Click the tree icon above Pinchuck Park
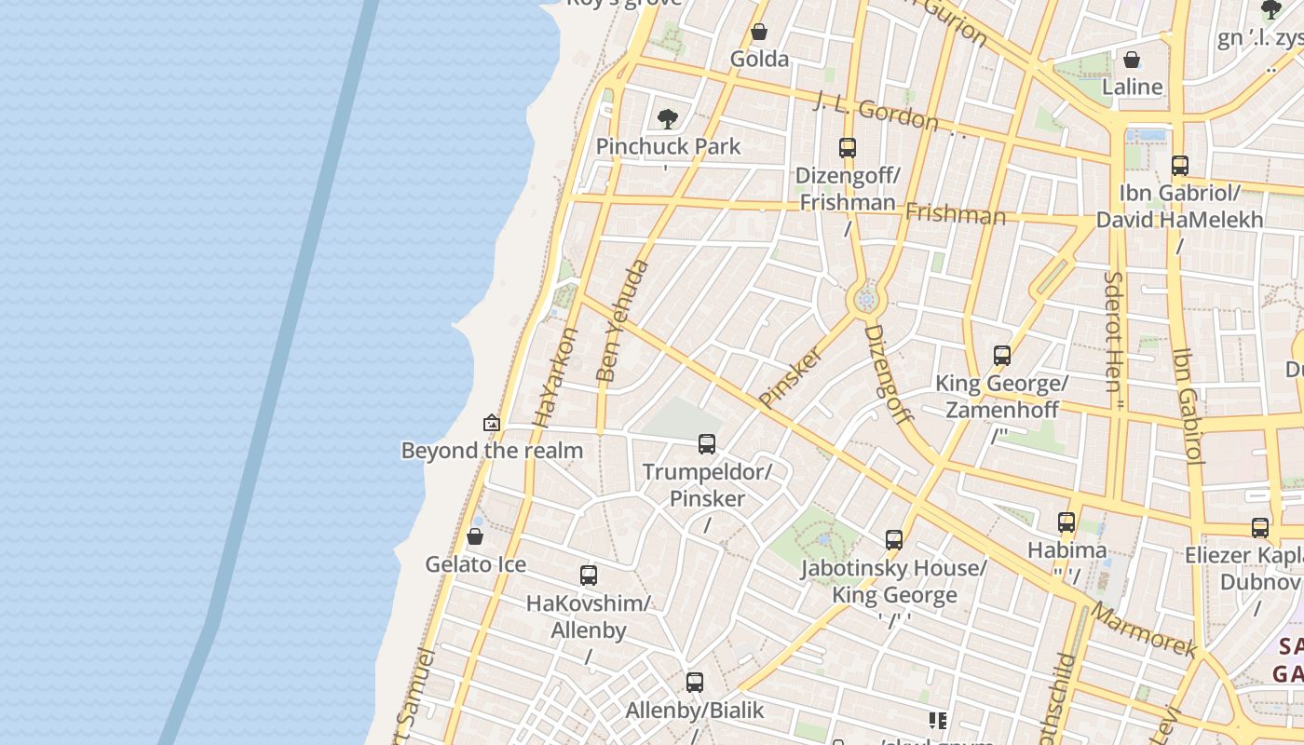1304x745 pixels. [x=667, y=119]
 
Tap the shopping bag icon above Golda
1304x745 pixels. [x=759, y=33]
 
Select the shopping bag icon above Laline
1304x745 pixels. [x=1132, y=61]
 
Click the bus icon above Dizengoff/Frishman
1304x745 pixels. [x=847, y=148]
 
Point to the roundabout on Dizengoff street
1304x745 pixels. [x=866, y=300]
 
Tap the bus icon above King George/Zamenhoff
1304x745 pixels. [x=1002, y=356]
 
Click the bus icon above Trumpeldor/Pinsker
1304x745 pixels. [x=707, y=444]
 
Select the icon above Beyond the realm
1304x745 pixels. [x=492, y=424]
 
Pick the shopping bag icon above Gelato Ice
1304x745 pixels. [x=475, y=537]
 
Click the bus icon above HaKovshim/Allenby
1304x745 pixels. [x=588, y=576]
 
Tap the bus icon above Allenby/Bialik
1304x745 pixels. [x=694, y=683]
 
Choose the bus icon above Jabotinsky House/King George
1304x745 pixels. [x=894, y=540]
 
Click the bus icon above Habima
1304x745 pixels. [x=1066, y=522]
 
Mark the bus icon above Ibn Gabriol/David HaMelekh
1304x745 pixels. [x=1179, y=167]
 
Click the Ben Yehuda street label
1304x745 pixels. [x=622, y=321]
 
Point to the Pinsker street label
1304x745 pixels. [x=791, y=377]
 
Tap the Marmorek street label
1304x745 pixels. [x=1143, y=630]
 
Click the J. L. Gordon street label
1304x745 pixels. [x=876, y=112]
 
